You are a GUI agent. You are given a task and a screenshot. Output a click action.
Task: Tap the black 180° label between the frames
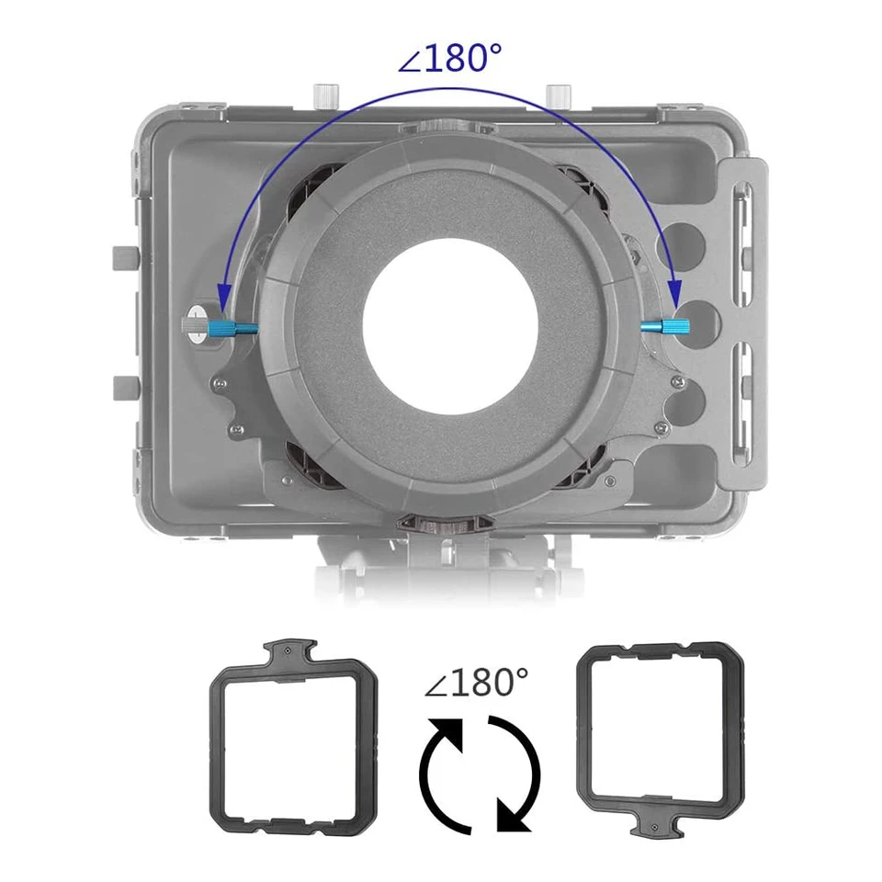tap(476, 683)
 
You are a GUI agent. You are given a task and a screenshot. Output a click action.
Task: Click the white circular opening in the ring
tap(450, 327)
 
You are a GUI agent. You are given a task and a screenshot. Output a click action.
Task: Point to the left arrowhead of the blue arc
tap(223, 296)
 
